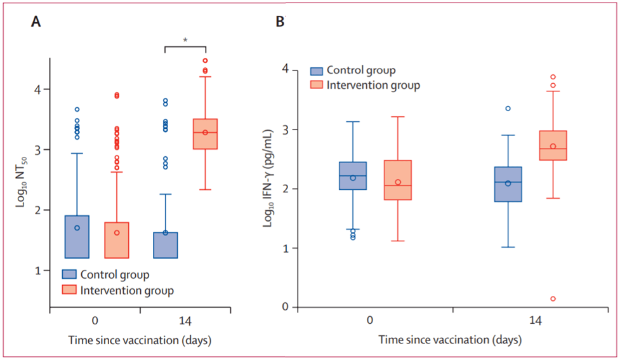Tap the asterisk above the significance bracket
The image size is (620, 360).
coord(185,40)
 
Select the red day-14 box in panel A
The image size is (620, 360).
coord(205,134)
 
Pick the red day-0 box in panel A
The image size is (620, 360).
coord(117,240)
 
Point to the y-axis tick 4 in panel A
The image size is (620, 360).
coord(38,90)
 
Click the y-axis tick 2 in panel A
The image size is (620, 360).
coord(38,210)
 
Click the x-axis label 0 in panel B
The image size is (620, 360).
coord(370,322)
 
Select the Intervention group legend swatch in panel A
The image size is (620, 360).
coord(69,290)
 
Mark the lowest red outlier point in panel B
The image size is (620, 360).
coord(553,298)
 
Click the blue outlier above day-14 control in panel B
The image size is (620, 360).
coord(508,109)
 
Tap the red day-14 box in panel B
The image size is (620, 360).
coord(553,145)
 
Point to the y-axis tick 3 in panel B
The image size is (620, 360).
coord(287,130)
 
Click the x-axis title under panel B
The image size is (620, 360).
coord(450,340)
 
